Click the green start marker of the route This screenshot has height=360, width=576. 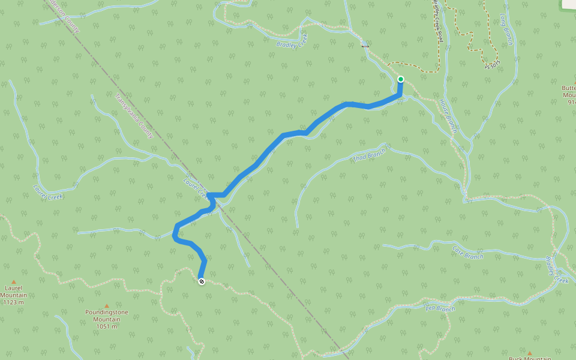coord(400,79)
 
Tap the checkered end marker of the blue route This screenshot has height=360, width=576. coord(201,281)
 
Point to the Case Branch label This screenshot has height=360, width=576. coord(467,252)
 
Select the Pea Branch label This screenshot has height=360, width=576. coord(440,309)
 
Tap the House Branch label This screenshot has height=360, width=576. coord(448,116)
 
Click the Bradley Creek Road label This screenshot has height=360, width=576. coord(437,21)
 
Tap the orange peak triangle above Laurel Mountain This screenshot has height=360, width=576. coord(13,280)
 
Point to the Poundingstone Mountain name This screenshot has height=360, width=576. coord(106,316)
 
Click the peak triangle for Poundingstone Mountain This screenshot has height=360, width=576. coord(107,305)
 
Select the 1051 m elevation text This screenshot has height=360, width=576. coord(106,326)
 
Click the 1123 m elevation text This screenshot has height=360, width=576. coord(13,302)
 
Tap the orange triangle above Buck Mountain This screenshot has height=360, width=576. coord(529,353)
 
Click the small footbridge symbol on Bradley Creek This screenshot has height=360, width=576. coord(364,46)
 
